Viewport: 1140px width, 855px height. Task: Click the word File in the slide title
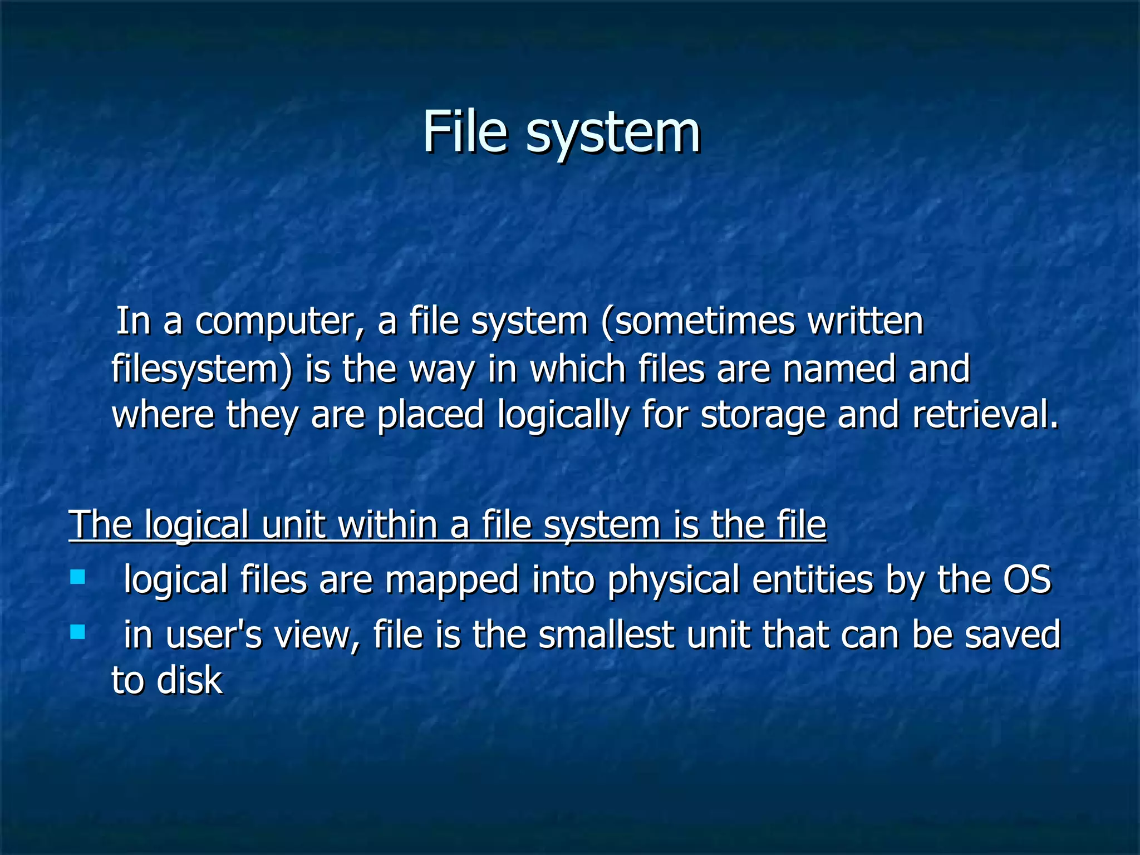465,132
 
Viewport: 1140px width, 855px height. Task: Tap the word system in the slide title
613,134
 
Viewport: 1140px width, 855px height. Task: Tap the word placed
430,416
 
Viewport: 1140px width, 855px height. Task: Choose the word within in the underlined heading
387,524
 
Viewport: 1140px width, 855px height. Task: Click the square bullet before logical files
77,577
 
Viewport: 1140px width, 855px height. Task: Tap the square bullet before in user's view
77,632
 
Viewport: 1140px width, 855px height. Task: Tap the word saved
1013,635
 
